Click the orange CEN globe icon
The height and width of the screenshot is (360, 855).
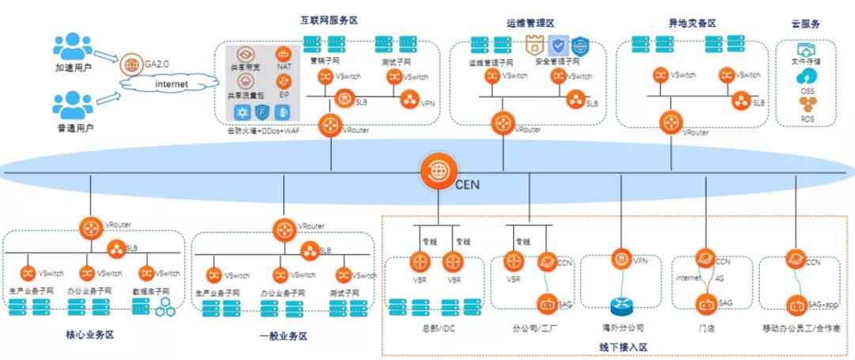[x=436, y=171]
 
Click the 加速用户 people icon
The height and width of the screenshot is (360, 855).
[x=73, y=47]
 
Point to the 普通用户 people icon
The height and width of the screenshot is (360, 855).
[x=73, y=106]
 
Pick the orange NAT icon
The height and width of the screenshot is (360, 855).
[x=284, y=54]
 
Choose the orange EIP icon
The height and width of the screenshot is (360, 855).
[x=284, y=81]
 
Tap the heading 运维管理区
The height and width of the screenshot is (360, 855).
[x=530, y=23]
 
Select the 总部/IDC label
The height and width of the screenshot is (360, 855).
[x=439, y=326]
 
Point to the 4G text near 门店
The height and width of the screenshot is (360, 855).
[x=720, y=279]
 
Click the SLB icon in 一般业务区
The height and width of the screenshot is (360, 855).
[x=308, y=251]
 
